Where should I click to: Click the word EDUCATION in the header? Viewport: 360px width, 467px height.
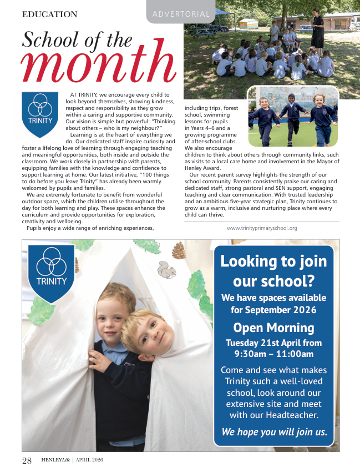click(x=50, y=14)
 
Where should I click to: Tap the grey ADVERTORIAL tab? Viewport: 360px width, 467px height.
click(x=181, y=14)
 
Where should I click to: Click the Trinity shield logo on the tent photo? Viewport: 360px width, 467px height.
click(x=52, y=272)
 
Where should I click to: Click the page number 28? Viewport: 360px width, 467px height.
click(x=27, y=460)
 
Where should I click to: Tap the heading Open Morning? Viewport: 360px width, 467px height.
click(x=273, y=327)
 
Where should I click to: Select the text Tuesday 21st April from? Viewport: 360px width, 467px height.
click(x=273, y=342)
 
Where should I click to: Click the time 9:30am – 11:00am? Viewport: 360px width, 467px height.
click(x=273, y=354)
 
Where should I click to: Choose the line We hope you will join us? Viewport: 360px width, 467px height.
click(x=273, y=431)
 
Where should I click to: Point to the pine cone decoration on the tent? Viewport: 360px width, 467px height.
click(x=179, y=250)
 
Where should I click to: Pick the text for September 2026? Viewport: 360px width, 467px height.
click(x=273, y=310)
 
